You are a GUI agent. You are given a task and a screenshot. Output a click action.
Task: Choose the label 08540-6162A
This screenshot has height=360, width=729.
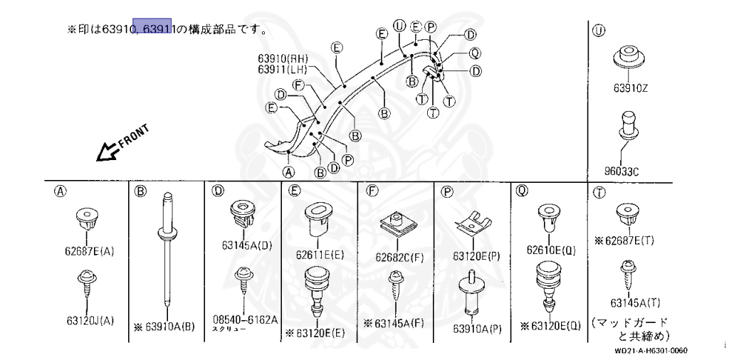click(x=245, y=320)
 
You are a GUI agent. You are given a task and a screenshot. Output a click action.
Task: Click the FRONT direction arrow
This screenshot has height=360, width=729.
click(x=119, y=144)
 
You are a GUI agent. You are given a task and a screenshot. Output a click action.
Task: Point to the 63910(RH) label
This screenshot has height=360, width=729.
click(x=283, y=58)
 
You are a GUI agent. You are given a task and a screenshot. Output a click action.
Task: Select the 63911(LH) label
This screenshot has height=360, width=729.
click(x=283, y=69)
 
